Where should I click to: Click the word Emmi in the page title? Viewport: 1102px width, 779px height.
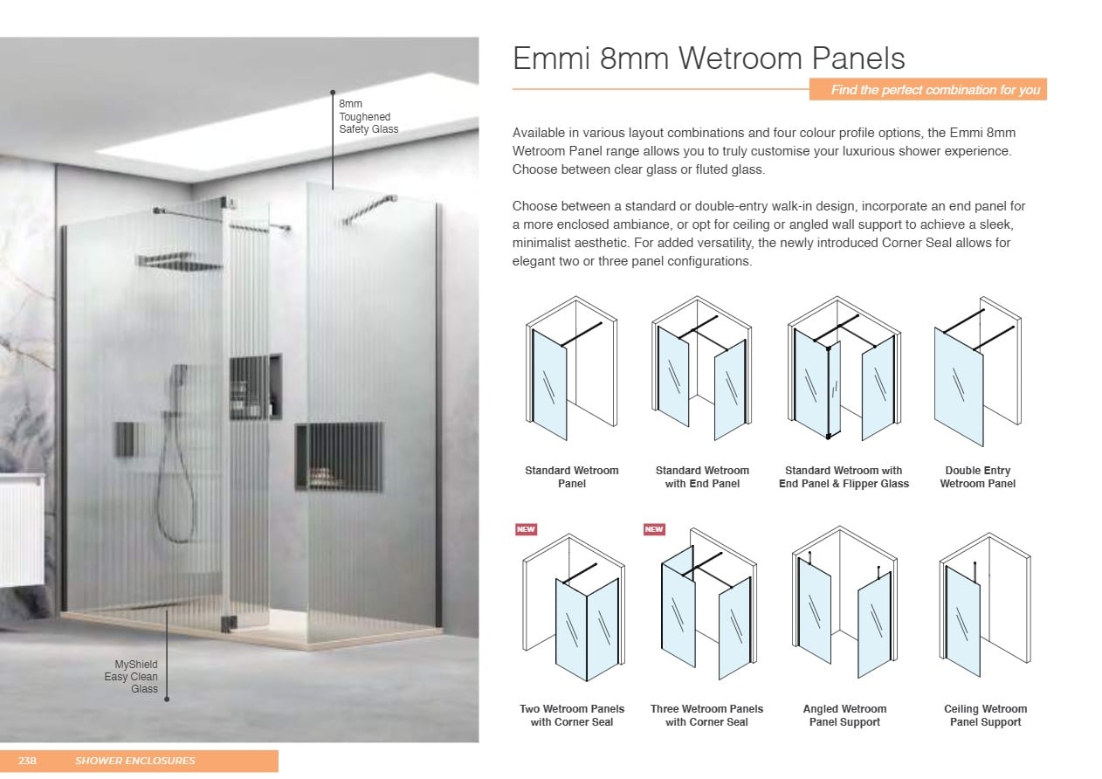[551, 59]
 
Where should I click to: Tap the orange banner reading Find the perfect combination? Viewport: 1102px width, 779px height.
[928, 90]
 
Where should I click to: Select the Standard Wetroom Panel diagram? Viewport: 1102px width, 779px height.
[572, 368]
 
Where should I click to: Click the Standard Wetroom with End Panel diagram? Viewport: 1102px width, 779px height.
[701, 368]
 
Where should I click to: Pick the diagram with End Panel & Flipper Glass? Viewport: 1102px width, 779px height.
[844, 368]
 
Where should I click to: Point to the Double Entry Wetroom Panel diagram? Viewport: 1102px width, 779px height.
[978, 371]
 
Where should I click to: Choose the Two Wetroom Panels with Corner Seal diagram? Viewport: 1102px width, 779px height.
[574, 607]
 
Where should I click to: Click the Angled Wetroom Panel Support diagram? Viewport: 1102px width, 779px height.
[844, 603]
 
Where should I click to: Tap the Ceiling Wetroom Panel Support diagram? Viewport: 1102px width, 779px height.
[985, 605]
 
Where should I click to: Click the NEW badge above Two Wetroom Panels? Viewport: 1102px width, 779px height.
[526, 529]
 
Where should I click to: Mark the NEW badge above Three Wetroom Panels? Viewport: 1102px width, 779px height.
[654, 529]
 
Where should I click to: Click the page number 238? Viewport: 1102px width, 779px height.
[27, 761]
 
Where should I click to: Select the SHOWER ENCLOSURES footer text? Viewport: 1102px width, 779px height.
[135, 761]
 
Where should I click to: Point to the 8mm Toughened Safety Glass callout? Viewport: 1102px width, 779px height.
[368, 116]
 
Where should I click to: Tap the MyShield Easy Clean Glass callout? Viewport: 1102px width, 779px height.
[131, 677]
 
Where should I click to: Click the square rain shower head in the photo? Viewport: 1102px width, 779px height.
[178, 261]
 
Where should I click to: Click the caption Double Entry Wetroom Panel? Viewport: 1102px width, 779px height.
[977, 477]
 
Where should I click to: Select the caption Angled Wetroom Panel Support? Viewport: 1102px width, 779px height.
[844, 715]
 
